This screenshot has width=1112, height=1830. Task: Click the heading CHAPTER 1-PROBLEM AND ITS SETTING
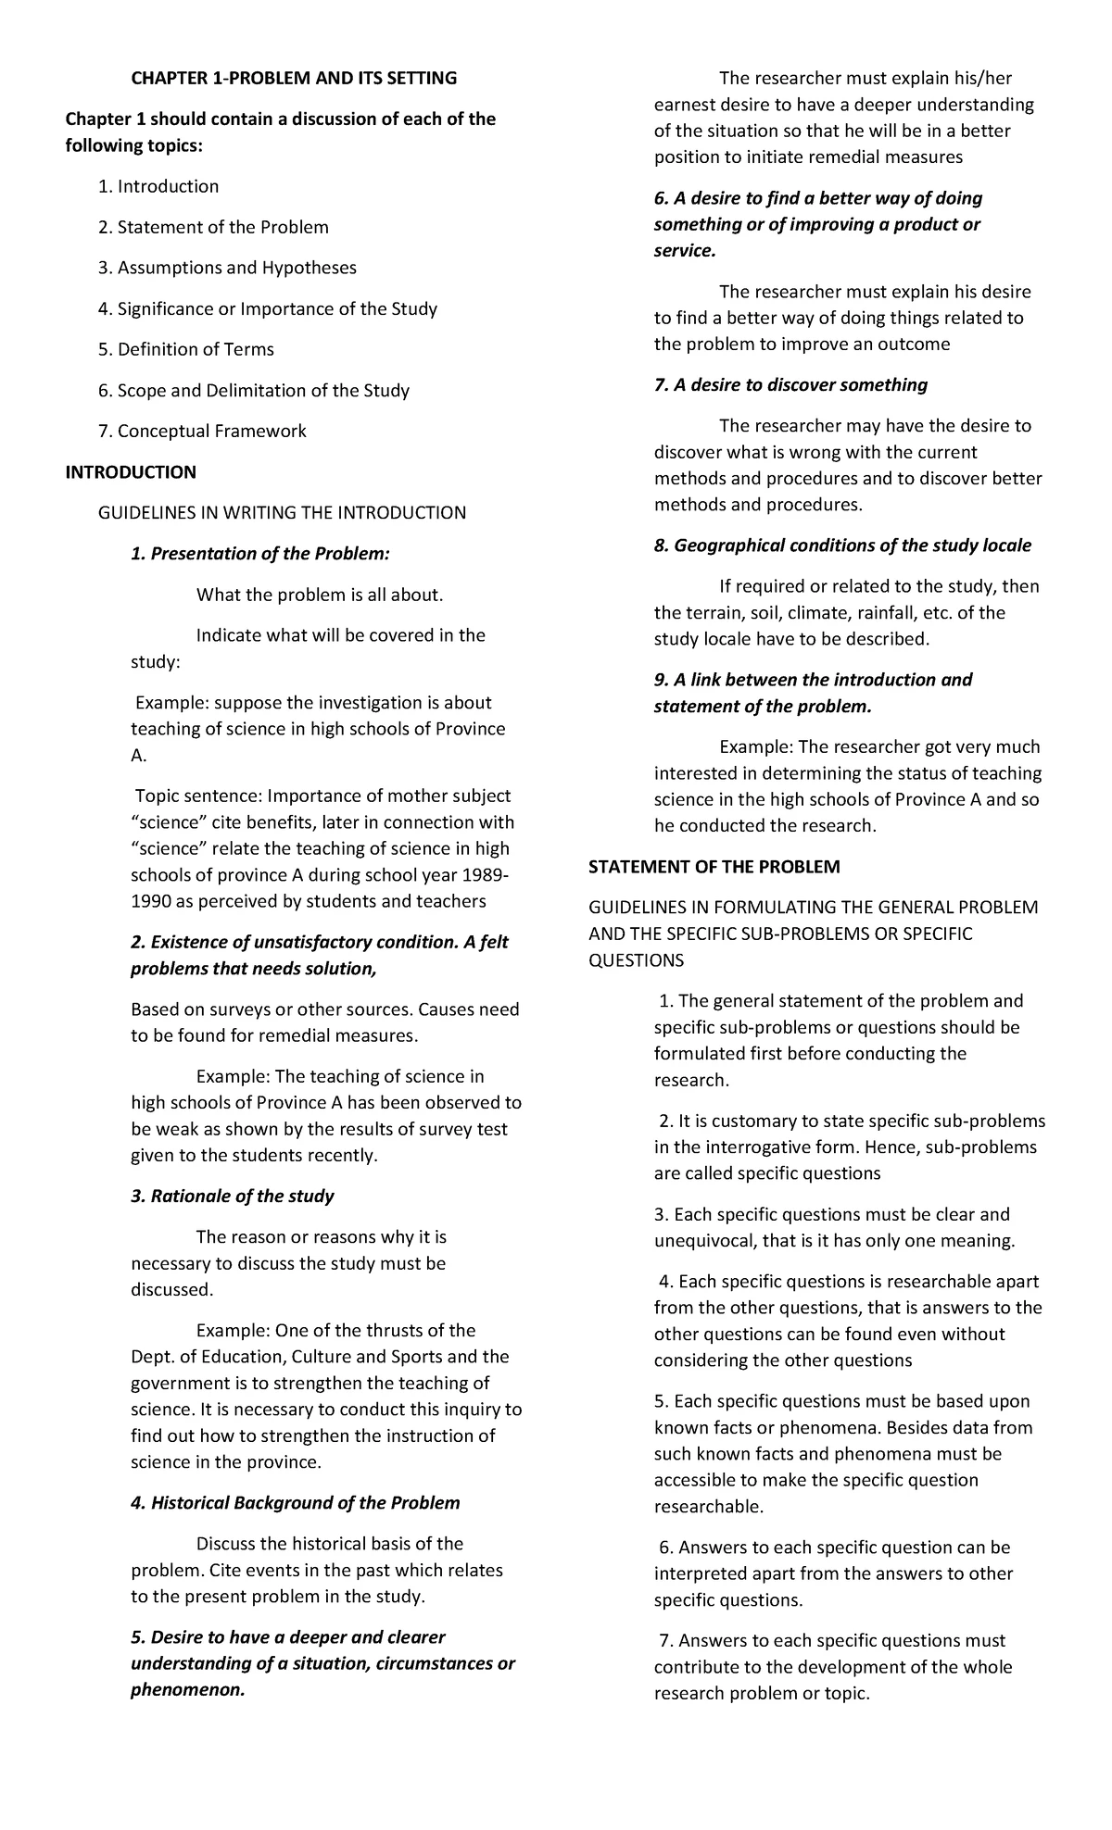coord(294,79)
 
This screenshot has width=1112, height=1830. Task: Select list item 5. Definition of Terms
coord(186,349)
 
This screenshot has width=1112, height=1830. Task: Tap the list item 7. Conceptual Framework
coord(202,431)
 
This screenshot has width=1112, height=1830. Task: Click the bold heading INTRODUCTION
coord(131,472)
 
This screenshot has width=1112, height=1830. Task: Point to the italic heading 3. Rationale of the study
coord(233,1196)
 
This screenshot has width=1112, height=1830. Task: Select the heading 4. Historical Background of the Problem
coord(296,1502)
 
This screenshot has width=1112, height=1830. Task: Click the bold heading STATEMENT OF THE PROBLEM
coord(714,867)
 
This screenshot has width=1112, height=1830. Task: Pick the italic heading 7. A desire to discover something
coord(790,384)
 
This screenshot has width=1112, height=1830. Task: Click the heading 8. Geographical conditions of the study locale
coord(842,545)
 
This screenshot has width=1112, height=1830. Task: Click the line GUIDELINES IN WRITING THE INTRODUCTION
coord(283,513)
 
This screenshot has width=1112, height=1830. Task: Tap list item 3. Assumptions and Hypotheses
coord(227,268)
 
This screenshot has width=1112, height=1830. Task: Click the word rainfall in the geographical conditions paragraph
coord(887,612)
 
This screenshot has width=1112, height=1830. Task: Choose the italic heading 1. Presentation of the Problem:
coord(260,554)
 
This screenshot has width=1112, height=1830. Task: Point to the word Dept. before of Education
coord(151,1357)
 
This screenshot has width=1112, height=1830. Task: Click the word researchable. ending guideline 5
coord(709,1506)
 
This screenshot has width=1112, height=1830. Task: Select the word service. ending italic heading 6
coord(685,250)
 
